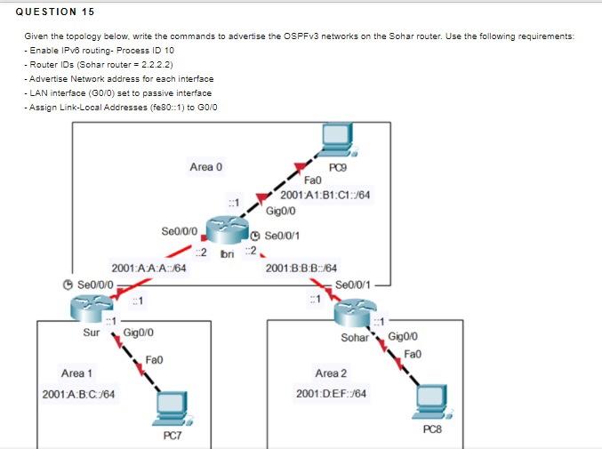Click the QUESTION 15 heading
[55, 12]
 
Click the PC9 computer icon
[336, 137]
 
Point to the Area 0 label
[206, 166]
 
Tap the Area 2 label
[331, 373]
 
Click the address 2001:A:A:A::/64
[148, 268]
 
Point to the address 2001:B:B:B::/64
[301, 268]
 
